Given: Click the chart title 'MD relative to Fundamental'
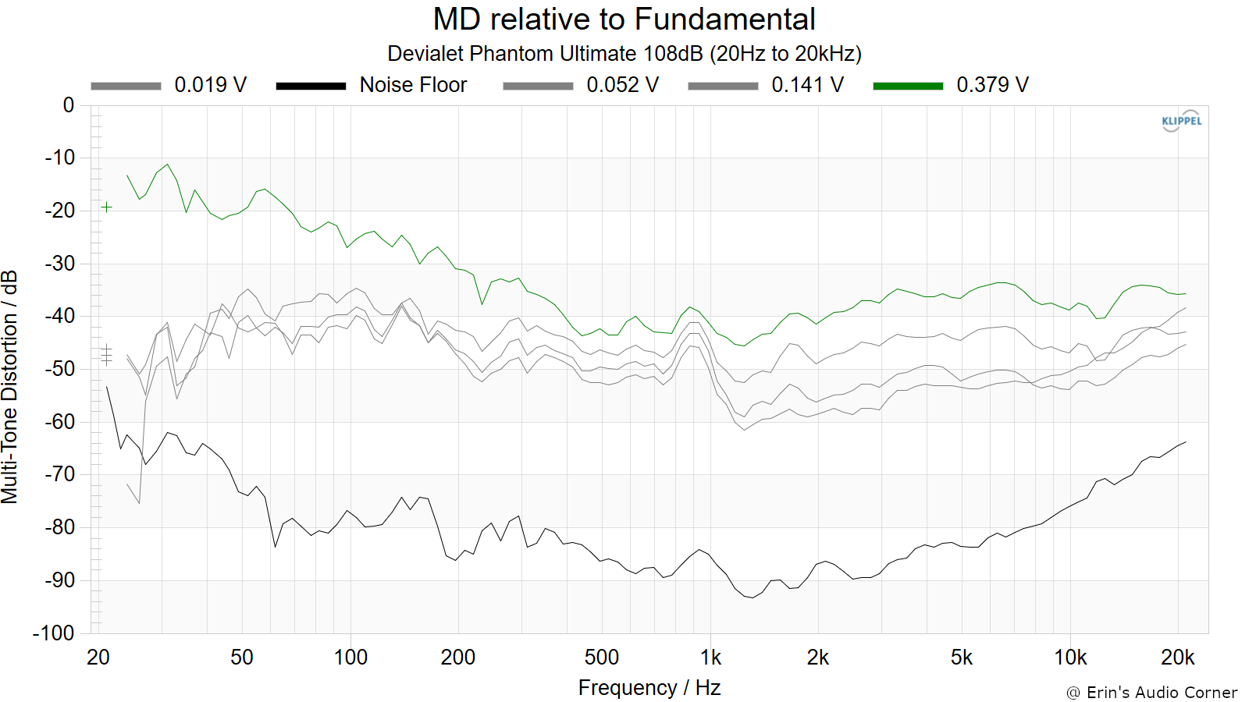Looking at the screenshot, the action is click(624, 19).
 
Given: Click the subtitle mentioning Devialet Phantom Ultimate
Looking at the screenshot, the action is click(624, 54).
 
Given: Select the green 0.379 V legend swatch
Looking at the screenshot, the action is click(908, 86).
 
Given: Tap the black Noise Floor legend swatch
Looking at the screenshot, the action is click(311, 86).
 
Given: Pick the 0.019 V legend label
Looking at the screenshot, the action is click(210, 85).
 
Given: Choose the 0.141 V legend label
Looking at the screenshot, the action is click(807, 85).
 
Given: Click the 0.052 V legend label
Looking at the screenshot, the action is click(622, 85).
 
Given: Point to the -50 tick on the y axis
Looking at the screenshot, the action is click(59, 369).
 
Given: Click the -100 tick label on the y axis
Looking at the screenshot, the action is click(54, 633).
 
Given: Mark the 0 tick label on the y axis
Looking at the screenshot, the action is click(69, 105).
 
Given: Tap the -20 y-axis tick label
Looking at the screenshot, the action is click(59, 211).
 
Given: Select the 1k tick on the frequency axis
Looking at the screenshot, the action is click(710, 658).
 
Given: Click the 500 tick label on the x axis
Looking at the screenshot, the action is click(602, 658).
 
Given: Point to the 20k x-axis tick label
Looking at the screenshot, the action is click(1178, 658).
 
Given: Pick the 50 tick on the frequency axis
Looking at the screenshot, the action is click(241, 658).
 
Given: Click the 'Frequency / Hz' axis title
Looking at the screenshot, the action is click(649, 687).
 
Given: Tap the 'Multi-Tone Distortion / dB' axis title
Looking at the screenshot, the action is click(9, 387).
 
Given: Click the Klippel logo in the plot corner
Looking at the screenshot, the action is click(1182, 121).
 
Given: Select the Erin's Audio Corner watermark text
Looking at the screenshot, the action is click(1152, 693).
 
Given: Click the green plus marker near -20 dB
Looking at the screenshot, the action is click(106, 207).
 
